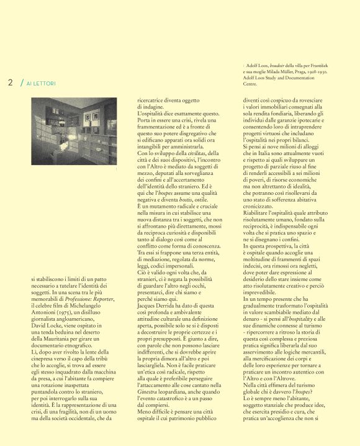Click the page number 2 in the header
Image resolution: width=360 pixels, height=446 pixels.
click(x=11, y=83)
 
